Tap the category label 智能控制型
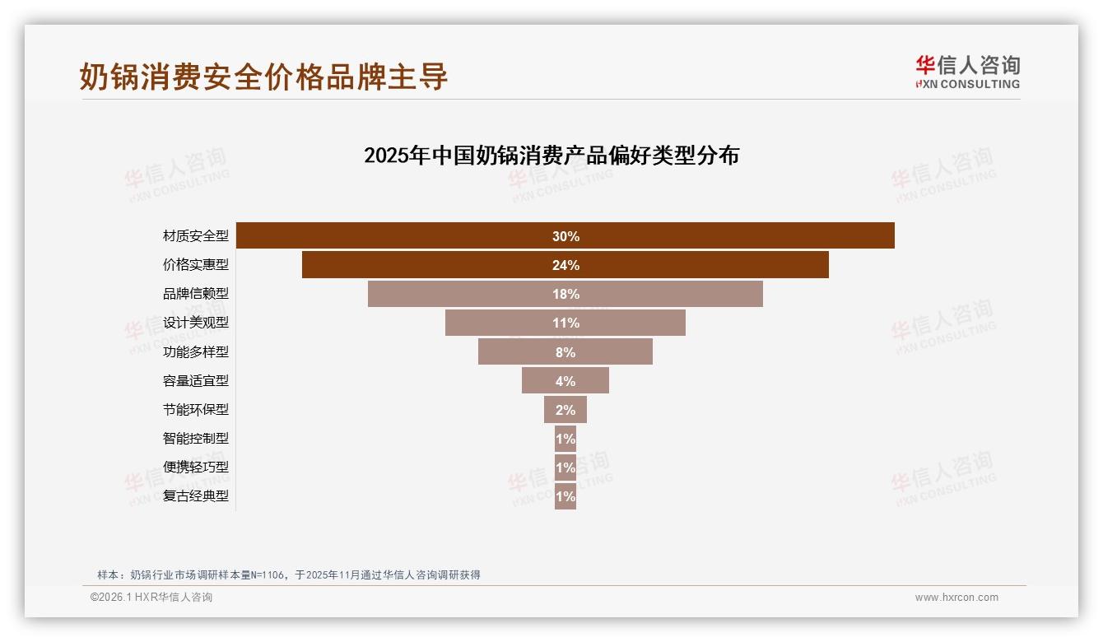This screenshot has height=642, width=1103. pyautogui.click(x=195, y=438)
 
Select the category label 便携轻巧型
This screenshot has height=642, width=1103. pyautogui.click(x=195, y=467)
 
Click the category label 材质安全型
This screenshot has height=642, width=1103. pyautogui.click(x=195, y=236)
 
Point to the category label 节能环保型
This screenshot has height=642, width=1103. pyautogui.click(x=195, y=409)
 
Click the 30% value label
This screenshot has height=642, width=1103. pyautogui.click(x=565, y=236)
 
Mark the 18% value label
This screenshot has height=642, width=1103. pyautogui.click(x=565, y=294)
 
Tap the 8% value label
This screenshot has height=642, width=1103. pyautogui.click(x=565, y=352)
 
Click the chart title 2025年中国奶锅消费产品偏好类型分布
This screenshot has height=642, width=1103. pyautogui.click(x=551, y=156)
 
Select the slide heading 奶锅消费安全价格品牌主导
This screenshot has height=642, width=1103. pyautogui.click(x=263, y=77)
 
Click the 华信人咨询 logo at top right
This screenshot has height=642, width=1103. pyautogui.click(x=967, y=72)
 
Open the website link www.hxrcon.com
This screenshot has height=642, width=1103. pyautogui.click(x=956, y=598)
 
